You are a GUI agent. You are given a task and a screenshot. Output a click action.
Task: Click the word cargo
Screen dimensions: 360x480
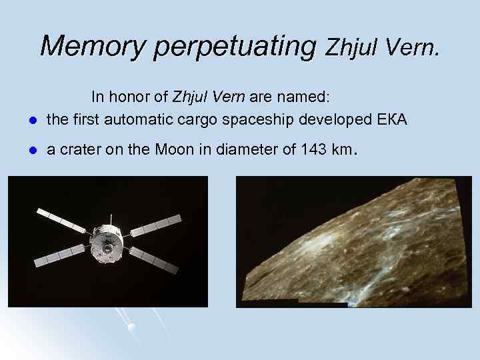click(228, 121)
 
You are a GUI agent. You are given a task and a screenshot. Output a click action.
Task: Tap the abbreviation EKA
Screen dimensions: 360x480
click(394, 120)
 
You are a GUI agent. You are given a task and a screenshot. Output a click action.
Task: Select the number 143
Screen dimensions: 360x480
click(314, 150)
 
